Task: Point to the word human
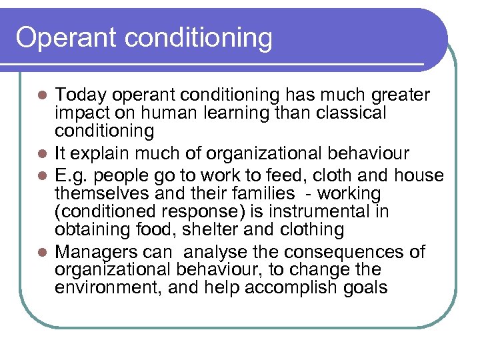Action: [x=161, y=113]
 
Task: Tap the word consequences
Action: [x=343, y=252]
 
